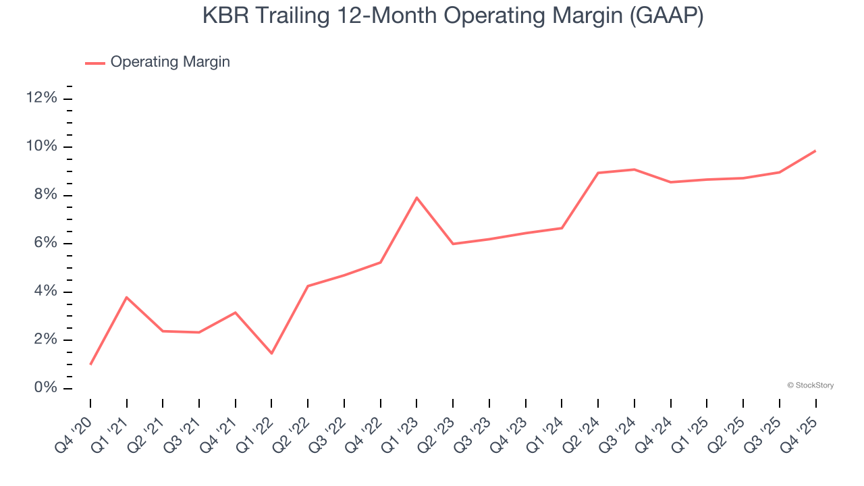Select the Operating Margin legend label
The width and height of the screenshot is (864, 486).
click(170, 62)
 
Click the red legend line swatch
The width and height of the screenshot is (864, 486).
click(94, 63)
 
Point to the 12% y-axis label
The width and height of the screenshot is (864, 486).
click(42, 99)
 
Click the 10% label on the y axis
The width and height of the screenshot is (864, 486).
click(42, 147)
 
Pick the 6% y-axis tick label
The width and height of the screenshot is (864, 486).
click(45, 244)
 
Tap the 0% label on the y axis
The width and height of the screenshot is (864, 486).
click(45, 388)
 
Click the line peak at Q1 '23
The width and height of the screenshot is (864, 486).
click(416, 198)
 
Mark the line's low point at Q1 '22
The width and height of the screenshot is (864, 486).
click(271, 353)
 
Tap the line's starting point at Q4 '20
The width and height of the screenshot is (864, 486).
click(90, 364)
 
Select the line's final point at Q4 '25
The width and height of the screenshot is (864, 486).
click(815, 151)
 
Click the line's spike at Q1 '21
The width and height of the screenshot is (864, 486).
click(127, 297)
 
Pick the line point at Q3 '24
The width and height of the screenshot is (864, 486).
click(634, 169)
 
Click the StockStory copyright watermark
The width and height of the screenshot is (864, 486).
click(810, 385)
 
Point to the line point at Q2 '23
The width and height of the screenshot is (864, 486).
click(453, 244)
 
